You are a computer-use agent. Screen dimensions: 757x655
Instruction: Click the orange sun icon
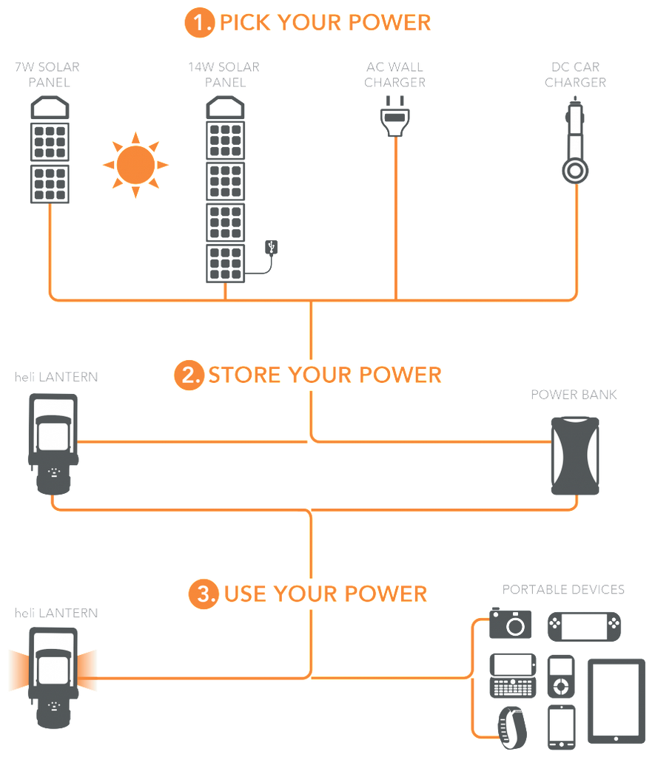coord(135,164)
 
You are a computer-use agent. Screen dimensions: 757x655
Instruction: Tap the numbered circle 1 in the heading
coord(197,22)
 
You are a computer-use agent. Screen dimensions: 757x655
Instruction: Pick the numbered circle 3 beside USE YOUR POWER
coord(201,593)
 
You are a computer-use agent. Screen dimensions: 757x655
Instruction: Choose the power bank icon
coord(575,455)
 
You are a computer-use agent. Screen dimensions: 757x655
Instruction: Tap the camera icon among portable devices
coord(511,623)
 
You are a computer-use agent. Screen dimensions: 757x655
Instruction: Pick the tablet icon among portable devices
coord(616,699)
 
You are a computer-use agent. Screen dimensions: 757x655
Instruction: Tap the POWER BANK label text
coord(574,394)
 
